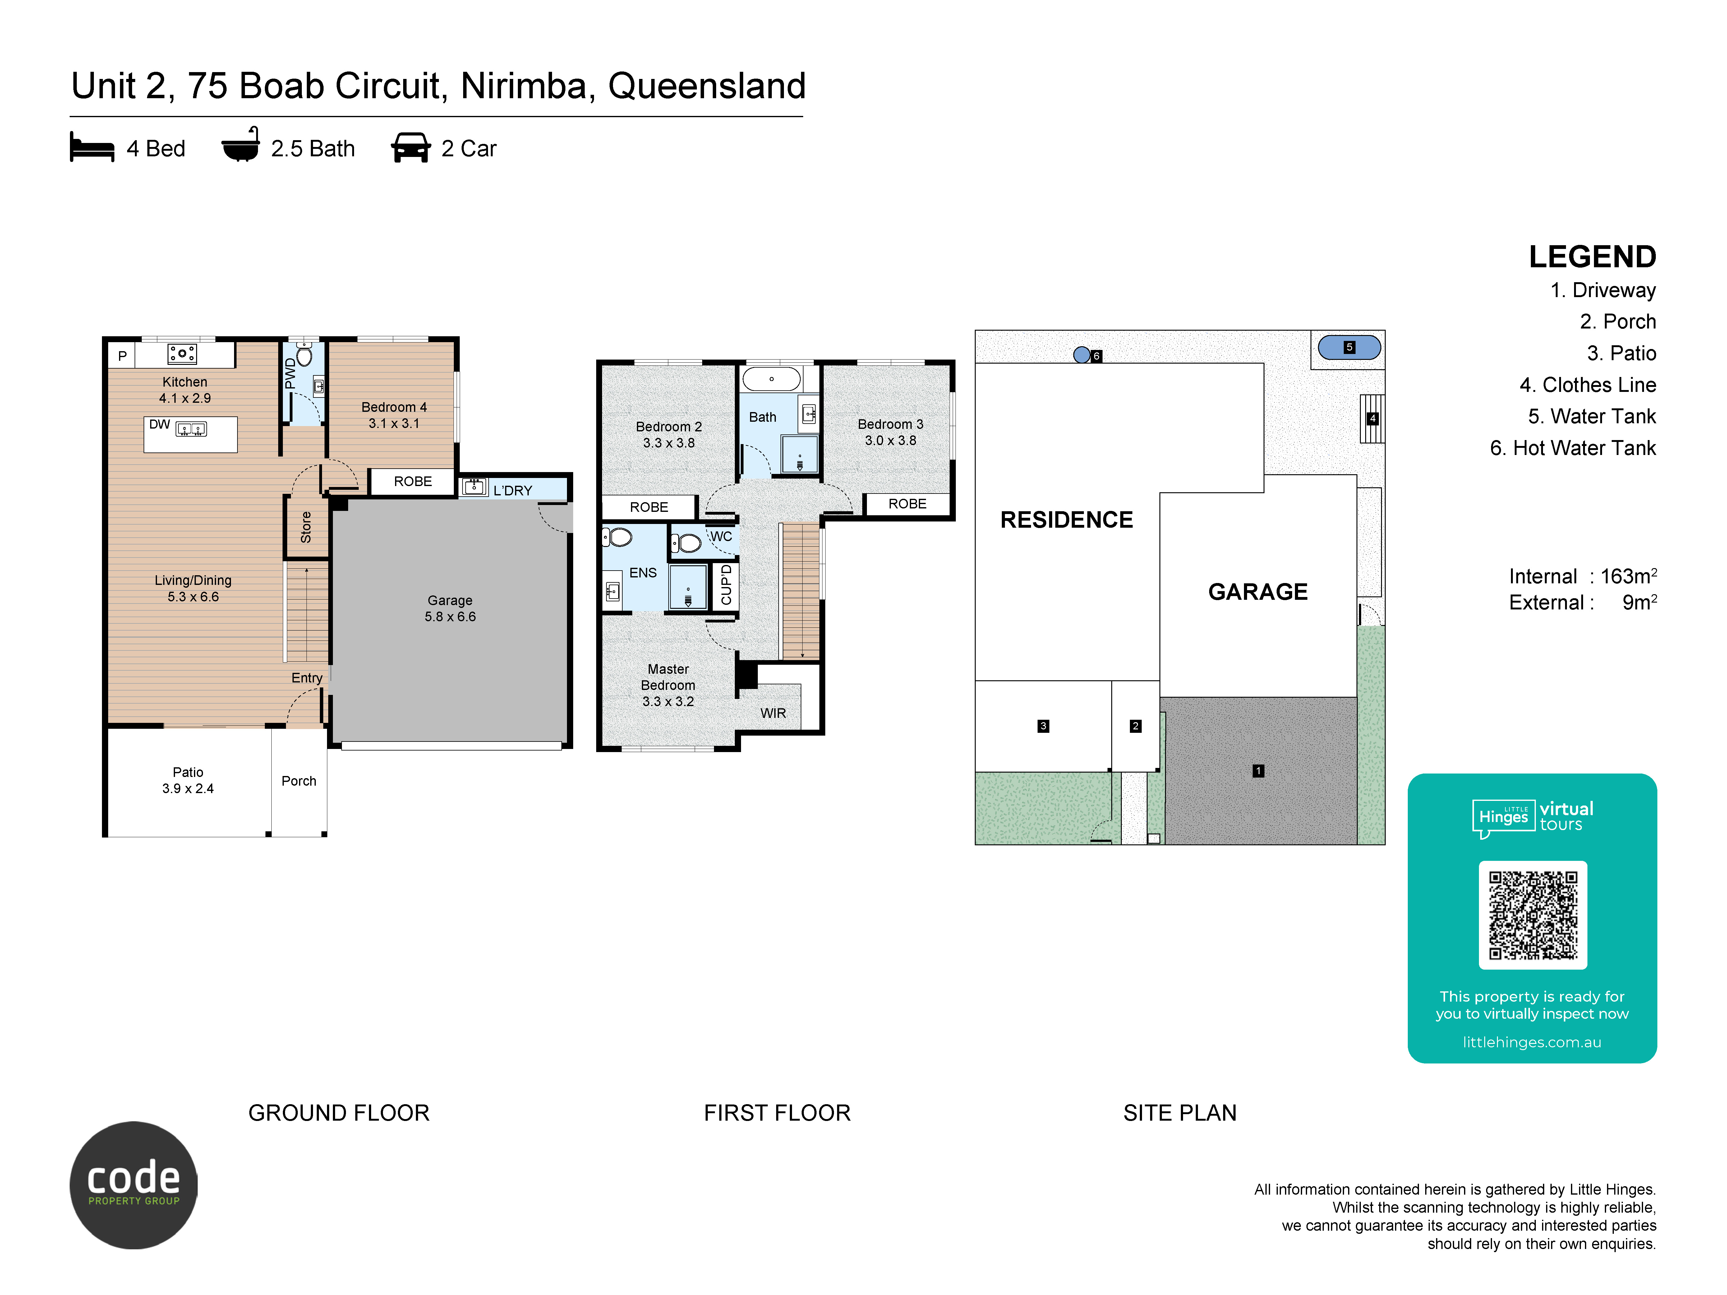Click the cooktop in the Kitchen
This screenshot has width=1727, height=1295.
182,354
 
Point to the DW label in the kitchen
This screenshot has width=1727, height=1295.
159,425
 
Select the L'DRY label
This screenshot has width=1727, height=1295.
513,490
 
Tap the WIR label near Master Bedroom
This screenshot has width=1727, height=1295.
773,713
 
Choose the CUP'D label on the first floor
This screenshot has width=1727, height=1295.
726,585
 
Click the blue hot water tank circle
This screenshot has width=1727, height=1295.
1081,355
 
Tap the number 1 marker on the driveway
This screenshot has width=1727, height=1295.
1258,770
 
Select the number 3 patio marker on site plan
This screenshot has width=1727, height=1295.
1043,726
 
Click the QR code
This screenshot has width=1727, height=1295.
1533,915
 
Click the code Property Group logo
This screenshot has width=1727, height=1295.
134,1185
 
